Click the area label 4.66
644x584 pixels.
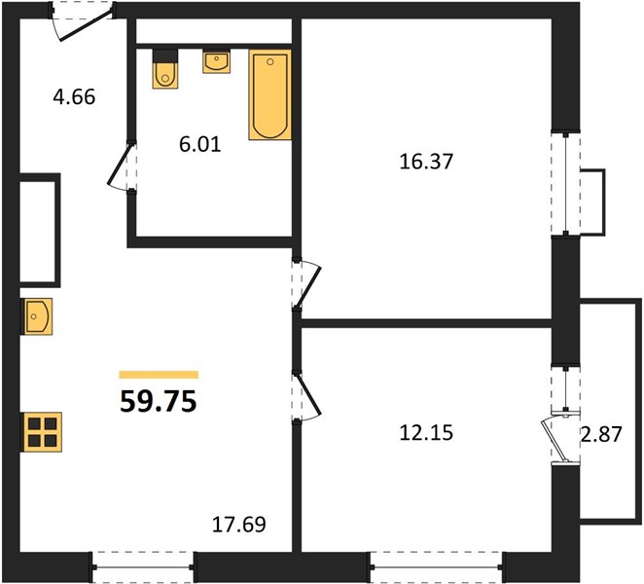tap(74, 97)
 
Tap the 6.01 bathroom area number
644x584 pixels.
tap(200, 144)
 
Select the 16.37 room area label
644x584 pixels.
tap(426, 162)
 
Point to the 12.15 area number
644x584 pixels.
tap(426, 433)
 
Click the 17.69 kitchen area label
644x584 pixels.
tap(238, 525)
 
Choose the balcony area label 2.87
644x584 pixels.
tap(601, 434)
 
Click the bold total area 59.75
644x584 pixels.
tap(159, 402)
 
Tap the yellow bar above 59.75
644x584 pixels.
tap(159, 375)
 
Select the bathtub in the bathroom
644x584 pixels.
tap(269, 94)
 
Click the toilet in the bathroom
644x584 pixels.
tap(165, 69)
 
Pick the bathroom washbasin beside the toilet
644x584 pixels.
tap(216, 61)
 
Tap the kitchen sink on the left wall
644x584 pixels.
tap(37, 316)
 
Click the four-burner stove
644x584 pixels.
tap(42, 432)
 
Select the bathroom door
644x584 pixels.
tap(122, 165)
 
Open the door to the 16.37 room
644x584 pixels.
tap(306, 283)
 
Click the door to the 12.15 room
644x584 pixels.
tap(306, 396)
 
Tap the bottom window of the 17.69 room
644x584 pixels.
tap(143, 567)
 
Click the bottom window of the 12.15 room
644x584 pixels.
tap(436, 567)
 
